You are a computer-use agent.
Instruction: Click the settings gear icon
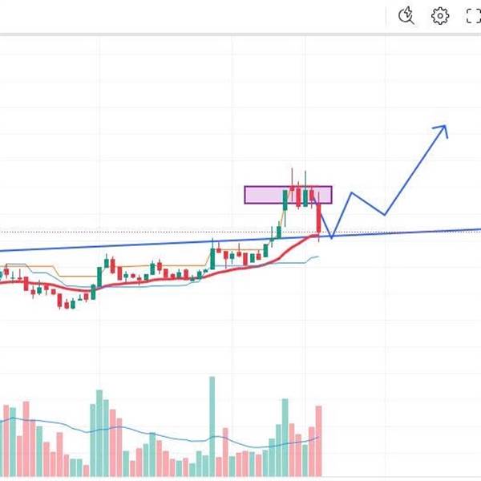pyautogui.click(x=440, y=15)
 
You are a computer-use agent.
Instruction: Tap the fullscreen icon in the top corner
pyautogui.click(x=473, y=15)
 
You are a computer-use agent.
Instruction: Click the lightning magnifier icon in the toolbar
pyautogui.click(x=407, y=15)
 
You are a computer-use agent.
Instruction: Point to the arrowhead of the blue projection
pyautogui.click(x=443, y=127)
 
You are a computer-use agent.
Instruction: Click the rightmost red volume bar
pyautogui.click(x=319, y=441)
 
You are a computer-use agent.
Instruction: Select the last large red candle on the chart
pyautogui.click(x=319, y=218)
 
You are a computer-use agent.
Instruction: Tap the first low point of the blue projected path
pyautogui.click(x=331, y=237)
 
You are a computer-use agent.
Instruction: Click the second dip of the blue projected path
pyautogui.click(x=385, y=214)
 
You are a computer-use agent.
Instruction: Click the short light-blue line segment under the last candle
pyautogui.click(x=311, y=258)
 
